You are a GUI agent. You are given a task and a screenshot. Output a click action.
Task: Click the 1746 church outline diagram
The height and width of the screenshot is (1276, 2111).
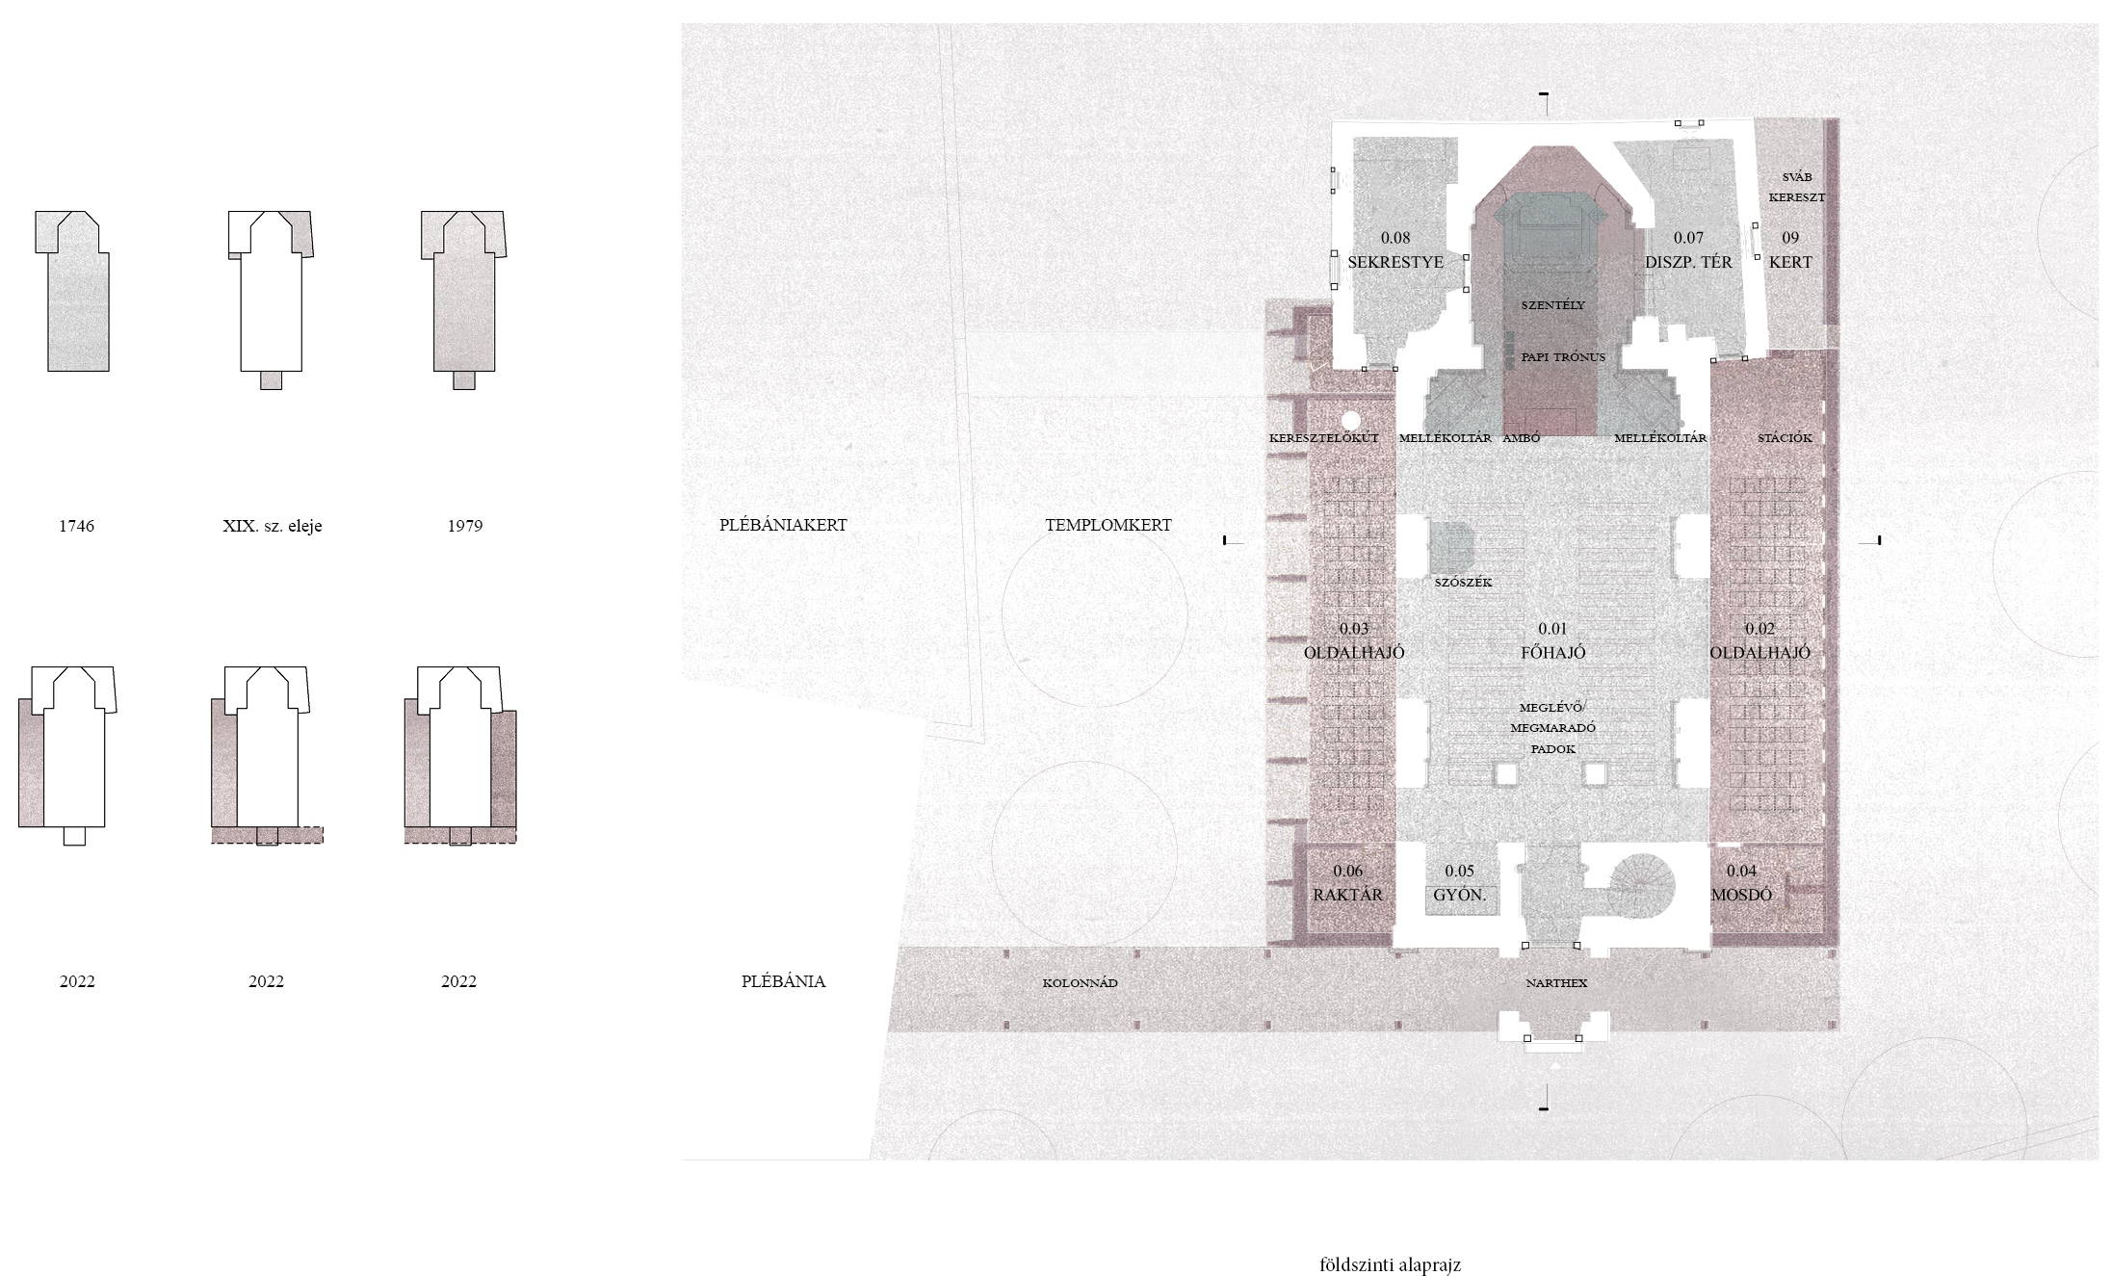[73, 291]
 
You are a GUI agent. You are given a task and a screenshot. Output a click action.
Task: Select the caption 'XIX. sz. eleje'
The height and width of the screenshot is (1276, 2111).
[273, 526]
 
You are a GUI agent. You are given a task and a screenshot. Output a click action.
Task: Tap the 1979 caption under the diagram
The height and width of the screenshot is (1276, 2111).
[465, 526]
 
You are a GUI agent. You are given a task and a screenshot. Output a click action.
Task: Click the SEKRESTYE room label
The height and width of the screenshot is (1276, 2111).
[1395, 262]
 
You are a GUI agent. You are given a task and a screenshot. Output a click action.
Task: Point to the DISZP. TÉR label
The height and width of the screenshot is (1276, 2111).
[1688, 262]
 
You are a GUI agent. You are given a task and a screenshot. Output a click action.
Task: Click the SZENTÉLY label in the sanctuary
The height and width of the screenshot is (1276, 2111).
[1553, 305]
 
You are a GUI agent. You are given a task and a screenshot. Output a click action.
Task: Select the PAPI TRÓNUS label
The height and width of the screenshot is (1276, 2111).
[1563, 357]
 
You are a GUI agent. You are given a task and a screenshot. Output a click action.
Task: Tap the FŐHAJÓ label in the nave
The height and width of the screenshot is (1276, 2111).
[1553, 652]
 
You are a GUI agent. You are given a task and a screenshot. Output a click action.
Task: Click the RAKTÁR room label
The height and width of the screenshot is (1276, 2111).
[1347, 895]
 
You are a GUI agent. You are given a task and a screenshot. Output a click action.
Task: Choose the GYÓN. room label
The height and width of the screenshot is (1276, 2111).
[1460, 895]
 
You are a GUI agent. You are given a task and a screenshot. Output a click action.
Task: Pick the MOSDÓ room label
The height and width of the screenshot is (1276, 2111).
[1741, 895]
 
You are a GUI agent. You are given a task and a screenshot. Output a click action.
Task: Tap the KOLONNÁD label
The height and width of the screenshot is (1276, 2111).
[1080, 983]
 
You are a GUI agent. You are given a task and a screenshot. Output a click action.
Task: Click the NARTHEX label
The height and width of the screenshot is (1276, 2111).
[1556, 983]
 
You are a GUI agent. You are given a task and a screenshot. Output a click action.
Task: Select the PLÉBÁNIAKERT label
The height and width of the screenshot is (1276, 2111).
[783, 525]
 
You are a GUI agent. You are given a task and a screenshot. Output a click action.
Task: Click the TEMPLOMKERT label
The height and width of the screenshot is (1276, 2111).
[1108, 525]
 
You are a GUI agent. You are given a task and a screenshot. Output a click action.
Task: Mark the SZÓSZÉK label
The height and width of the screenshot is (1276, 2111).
[1463, 583]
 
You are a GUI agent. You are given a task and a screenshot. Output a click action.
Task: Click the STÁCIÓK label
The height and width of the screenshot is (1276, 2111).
[1785, 438]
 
